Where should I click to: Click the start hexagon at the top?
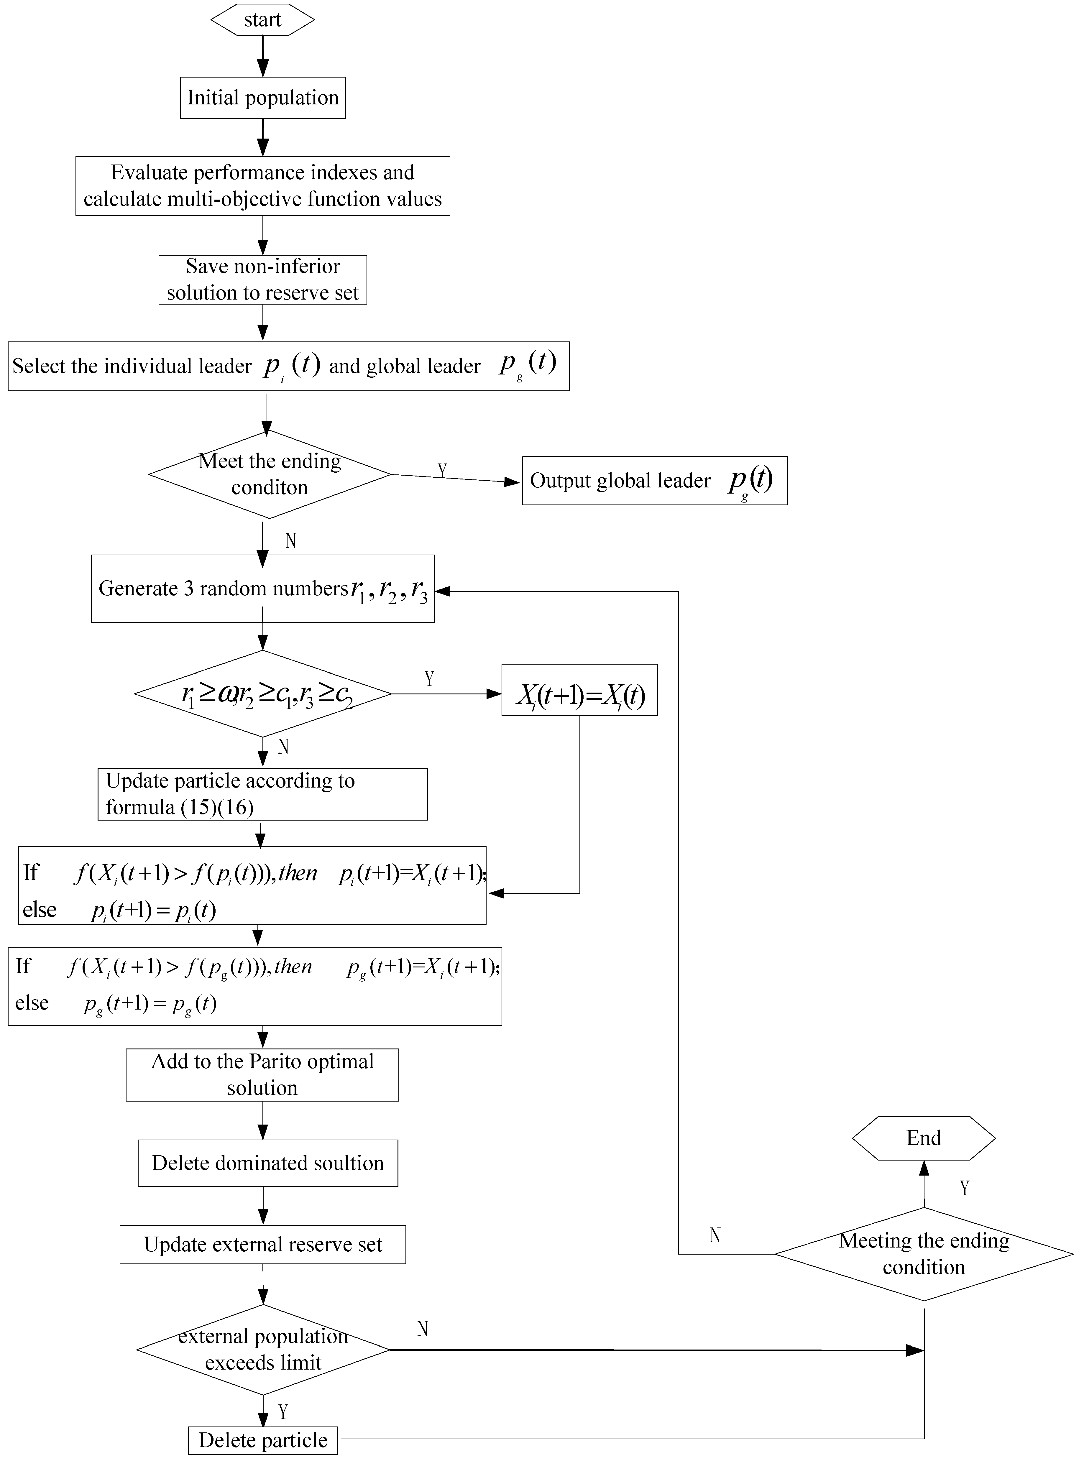coord(262,20)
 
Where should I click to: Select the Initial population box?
coord(262,98)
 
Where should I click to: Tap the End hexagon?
coord(923,1138)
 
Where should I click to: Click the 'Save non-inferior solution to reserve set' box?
coord(262,280)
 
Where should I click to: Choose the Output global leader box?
coord(654,481)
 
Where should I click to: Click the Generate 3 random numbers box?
coord(262,589)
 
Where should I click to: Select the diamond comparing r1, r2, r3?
coord(262,693)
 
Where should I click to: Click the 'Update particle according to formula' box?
coord(262,794)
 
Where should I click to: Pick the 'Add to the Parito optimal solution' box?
coord(262,1074)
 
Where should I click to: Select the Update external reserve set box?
coord(262,1245)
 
